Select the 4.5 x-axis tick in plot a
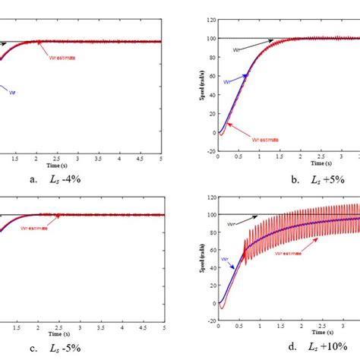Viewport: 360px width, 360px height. (x=142, y=157)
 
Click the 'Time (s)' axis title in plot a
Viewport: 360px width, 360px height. (x=58, y=164)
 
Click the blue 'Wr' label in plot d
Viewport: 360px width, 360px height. (x=225, y=259)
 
